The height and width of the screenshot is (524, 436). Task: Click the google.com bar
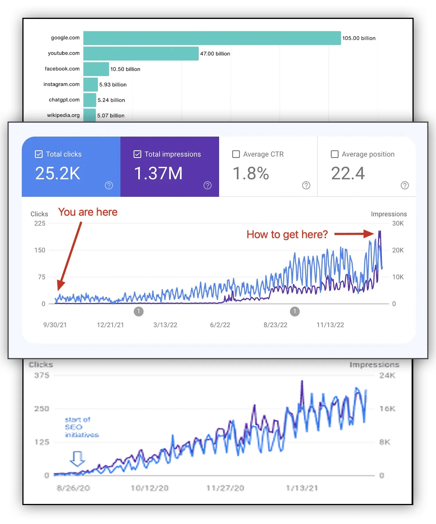[x=212, y=38]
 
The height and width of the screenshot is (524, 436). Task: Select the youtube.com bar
[x=141, y=54]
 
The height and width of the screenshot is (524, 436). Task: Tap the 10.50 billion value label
[x=125, y=69]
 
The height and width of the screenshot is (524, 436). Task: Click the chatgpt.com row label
[x=64, y=100]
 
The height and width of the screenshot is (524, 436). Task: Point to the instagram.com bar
[x=91, y=85]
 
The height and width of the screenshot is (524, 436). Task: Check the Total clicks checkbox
[x=39, y=154]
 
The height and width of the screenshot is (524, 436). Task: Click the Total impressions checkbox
[x=137, y=154]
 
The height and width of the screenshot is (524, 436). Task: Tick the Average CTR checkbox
[x=236, y=154]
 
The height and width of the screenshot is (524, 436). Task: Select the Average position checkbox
[x=334, y=154]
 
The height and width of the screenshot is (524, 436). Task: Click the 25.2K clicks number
[x=58, y=173]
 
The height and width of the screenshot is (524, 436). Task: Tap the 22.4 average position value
[x=348, y=173]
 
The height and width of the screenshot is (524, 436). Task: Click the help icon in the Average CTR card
[x=306, y=185]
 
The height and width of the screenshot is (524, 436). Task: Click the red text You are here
[x=88, y=212]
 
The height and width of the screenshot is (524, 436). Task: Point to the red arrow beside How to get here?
[x=354, y=234]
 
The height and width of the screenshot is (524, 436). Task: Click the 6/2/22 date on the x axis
[x=220, y=325]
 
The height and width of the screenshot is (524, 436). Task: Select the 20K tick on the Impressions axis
[x=398, y=250]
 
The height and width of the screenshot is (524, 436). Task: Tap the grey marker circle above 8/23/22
[x=295, y=311]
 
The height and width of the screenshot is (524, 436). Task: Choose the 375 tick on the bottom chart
[x=42, y=375]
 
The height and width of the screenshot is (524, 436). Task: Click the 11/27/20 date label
[x=225, y=488]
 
